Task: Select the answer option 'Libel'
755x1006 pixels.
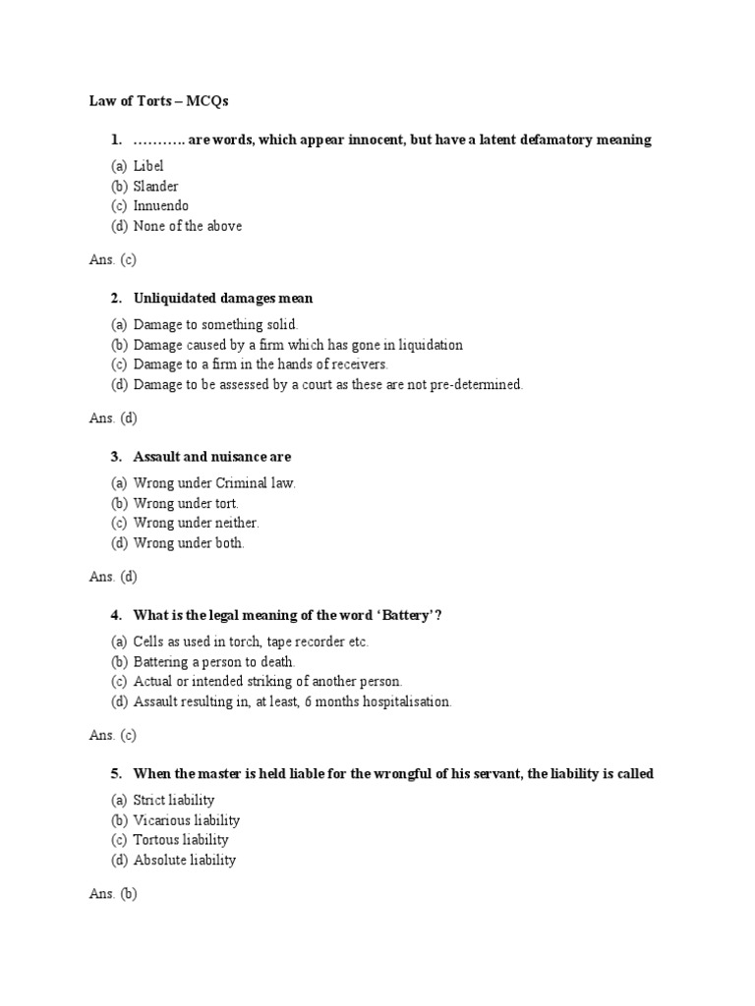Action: pos(147,166)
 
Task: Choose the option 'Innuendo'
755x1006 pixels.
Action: pos(160,206)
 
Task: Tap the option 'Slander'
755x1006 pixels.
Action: pos(155,186)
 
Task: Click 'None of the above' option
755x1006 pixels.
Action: pos(187,226)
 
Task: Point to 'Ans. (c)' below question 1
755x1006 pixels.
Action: pos(112,259)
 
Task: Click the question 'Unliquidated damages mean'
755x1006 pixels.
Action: pos(223,298)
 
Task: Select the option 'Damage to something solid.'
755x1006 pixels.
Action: pos(215,324)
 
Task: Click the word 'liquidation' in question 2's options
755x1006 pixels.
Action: pos(428,345)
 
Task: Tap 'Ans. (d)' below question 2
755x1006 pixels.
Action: pos(113,418)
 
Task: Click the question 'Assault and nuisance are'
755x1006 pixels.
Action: pos(211,457)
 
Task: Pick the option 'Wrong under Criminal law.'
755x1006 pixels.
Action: pos(214,483)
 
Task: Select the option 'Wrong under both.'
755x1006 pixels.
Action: pos(189,542)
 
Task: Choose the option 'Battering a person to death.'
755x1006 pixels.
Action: pos(213,661)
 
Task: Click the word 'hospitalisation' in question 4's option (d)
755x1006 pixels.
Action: pos(403,701)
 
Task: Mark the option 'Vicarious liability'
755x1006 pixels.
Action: pos(186,820)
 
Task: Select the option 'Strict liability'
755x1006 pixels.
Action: pos(173,800)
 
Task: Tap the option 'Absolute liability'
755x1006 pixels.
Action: pos(184,860)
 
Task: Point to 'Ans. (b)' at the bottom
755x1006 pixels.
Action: pos(113,893)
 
